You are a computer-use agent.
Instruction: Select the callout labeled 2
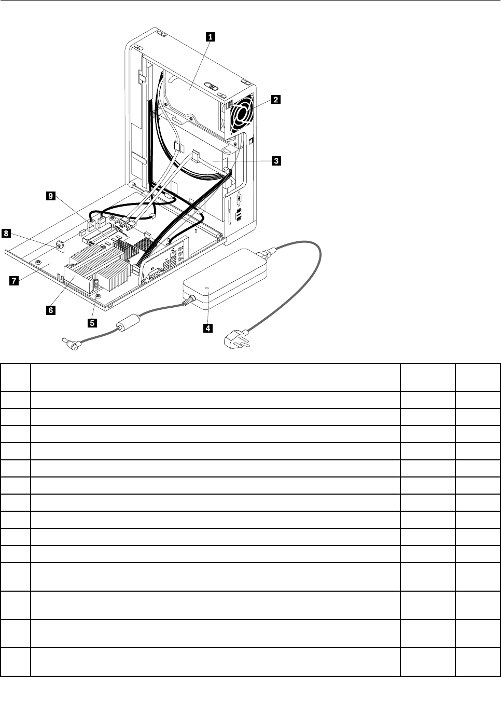tap(276, 100)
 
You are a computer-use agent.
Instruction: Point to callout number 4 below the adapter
tap(207, 327)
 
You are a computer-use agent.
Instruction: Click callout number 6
tap(50, 310)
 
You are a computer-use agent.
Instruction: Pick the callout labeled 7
tap(13, 281)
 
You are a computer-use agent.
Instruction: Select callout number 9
tap(50, 196)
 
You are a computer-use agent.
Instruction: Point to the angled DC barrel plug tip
tap(69, 344)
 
